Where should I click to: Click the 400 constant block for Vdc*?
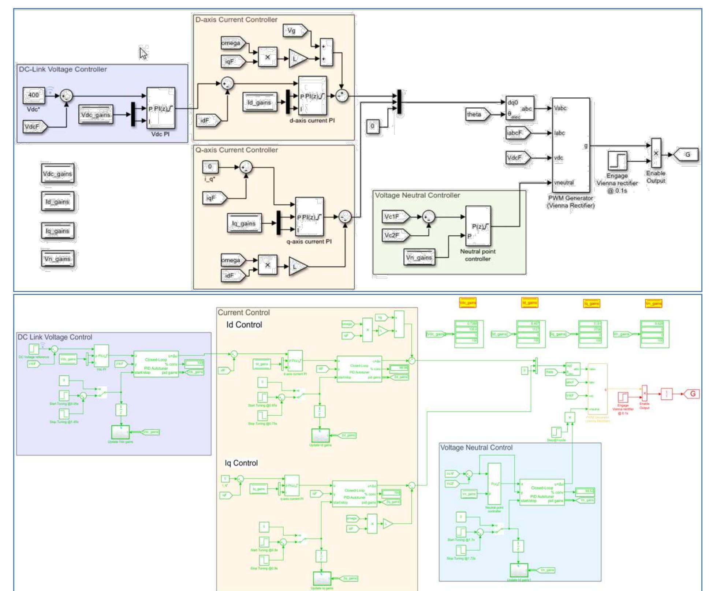coord(34,95)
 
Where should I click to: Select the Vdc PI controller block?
coord(161,108)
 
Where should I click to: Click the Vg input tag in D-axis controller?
coord(293,31)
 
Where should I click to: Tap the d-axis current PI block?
coord(312,96)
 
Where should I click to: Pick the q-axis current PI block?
coord(310,217)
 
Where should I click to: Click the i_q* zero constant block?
coord(210,167)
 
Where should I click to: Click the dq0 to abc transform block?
coord(519,108)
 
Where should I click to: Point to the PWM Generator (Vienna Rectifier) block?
coord(571,145)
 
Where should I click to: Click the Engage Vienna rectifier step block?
coord(617,160)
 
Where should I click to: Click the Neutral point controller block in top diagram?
coord(478,226)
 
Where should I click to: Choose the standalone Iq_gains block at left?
coord(57,231)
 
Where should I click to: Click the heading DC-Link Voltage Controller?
coord(63,69)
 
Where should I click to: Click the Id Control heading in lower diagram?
coord(244,325)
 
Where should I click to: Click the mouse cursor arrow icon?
coord(143,53)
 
